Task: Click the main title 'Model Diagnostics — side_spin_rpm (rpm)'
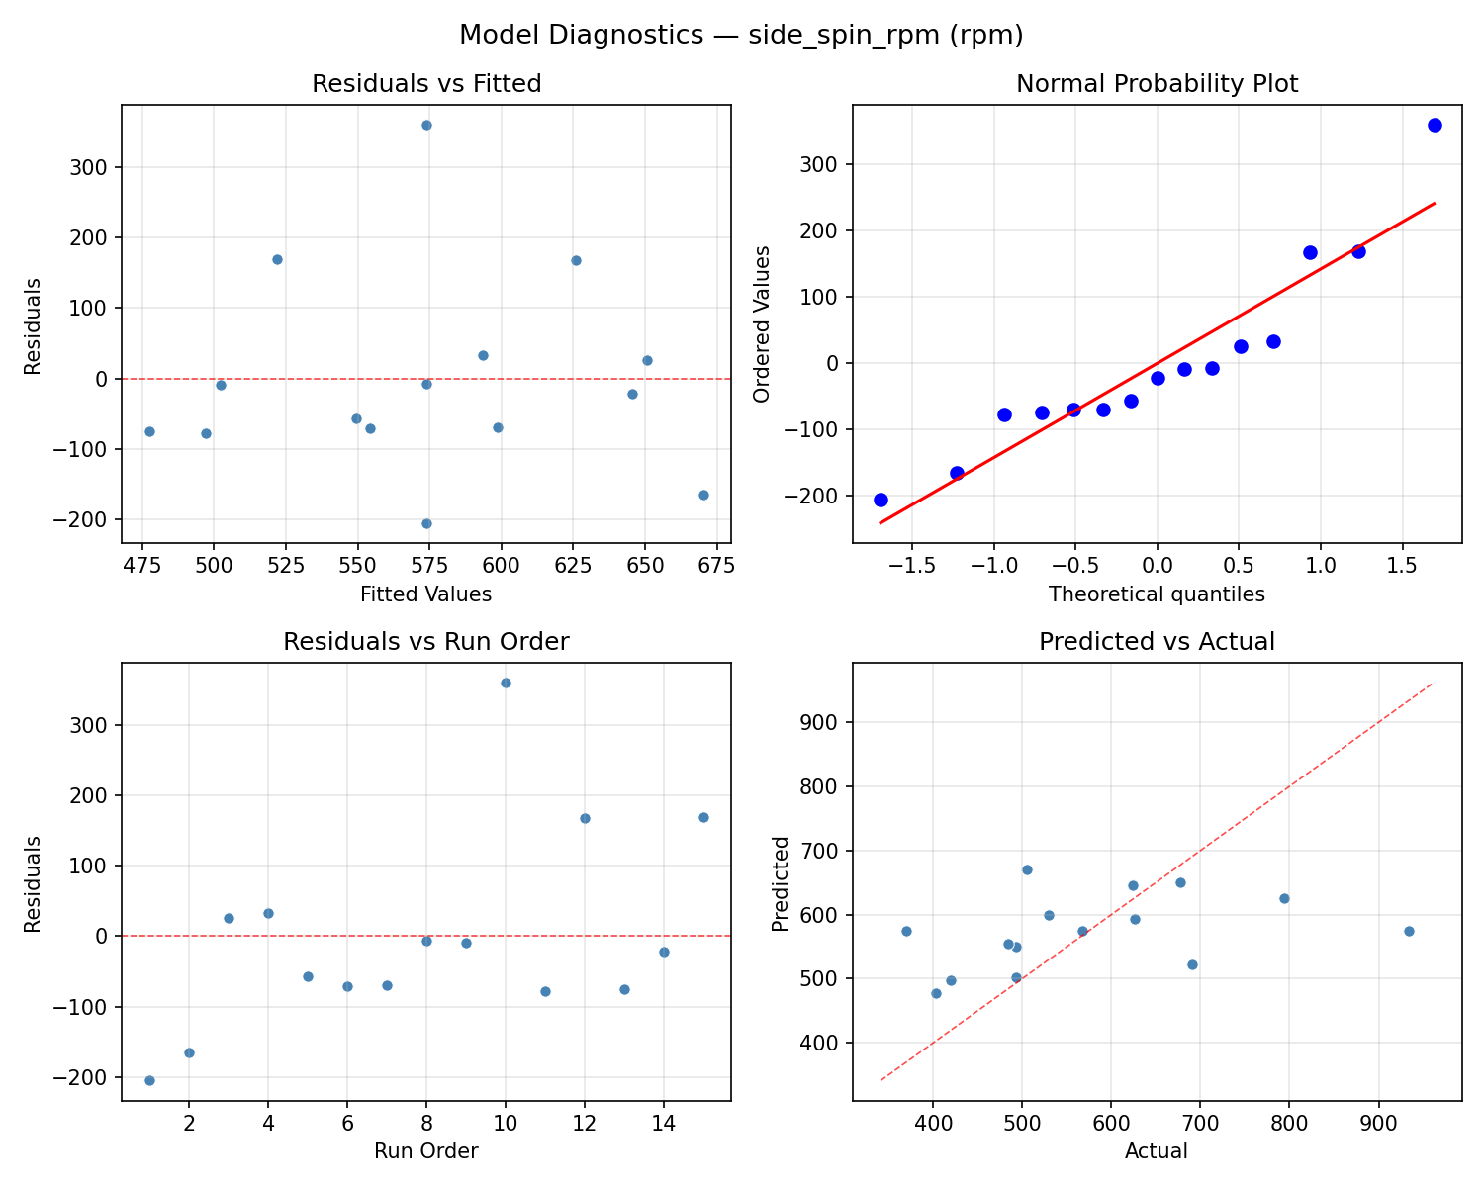point(741,36)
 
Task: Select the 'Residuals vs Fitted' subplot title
point(426,84)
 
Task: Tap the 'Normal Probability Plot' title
point(1157,84)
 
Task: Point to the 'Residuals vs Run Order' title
point(426,642)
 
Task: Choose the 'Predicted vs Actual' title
point(1157,642)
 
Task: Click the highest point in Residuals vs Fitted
point(426,125)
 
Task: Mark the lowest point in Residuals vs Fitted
point(426,523)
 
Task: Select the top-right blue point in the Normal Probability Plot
point(1434,125)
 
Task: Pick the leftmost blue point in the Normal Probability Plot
point(881,500)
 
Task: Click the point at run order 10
point(506,683)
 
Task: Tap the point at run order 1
point(149,1080)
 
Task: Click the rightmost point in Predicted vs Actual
point(1409,931)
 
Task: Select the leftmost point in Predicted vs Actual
point(906,931)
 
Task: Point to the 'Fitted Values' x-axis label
point(426,594)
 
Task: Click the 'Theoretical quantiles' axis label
point(1157,594)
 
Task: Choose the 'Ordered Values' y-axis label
point(761,323)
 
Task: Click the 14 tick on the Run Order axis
point(664,1124)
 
